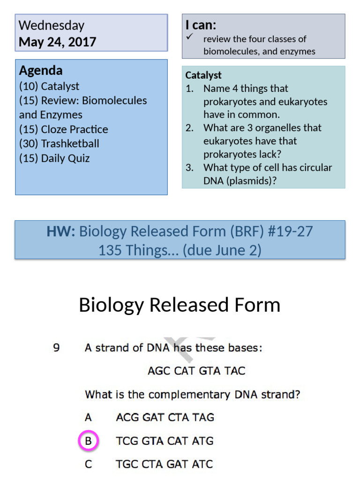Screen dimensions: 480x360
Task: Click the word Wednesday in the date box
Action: click(x=52, y=25)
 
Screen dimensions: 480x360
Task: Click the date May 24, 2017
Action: click(x=57, y=42)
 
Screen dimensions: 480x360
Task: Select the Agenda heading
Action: click(x=41, y=71)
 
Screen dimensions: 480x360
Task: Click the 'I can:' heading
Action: click(x=201, y=25)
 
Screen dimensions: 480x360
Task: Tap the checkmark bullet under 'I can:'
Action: click(x=189, y=37)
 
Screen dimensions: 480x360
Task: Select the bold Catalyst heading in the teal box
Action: click(x=203, y=75)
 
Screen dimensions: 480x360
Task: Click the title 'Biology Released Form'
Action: click(x=180, y=305)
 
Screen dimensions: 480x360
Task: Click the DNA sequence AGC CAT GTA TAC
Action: click(x=196, y=371)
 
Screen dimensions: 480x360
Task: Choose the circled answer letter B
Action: click(x=88, y=441)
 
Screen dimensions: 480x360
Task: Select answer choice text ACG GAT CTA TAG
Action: click(x=165, y=417)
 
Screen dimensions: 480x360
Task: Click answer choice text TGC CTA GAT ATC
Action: click(x=164, y=465)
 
